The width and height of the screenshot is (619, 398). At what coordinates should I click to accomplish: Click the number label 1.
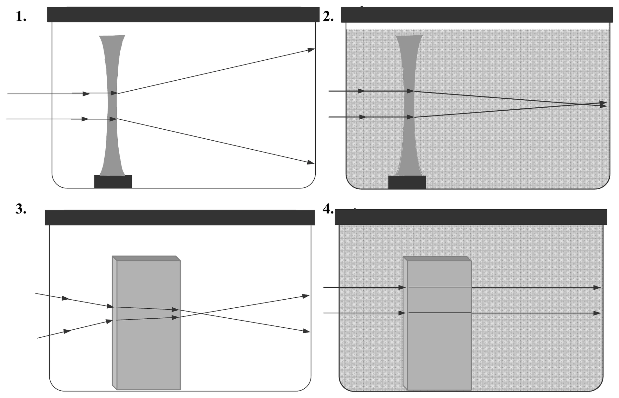pyautogui.click(x=21, y=16)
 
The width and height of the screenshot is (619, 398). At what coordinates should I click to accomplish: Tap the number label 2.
pyautogui.click(x=328, y=16)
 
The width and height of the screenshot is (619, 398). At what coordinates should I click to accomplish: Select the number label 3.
pyautogui.click(x=21, y=209)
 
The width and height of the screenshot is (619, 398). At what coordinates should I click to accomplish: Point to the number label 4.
pyautogui.click(x=328, y=209)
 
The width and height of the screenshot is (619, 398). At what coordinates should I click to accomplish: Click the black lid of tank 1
pyautogui.click(x=183, y=15)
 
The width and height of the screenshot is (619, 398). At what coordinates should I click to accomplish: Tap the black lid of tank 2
pyautogui.click(x=477, y=15)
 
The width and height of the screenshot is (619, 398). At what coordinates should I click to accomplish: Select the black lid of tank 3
pyautogui.click(x=180, y=217)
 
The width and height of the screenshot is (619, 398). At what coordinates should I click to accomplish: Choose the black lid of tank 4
pyautogui.click(x=471, y=217)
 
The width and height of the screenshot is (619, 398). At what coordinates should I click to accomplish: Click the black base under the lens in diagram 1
pyautogui.click(x=113, y=182)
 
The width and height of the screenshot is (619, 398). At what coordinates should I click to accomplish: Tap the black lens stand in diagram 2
pyautogui.click(x=407, y=182)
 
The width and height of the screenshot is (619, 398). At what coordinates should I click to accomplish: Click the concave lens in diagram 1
pyautogui.click(x=112, y=105)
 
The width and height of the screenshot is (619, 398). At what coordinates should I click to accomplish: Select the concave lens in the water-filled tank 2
pyautogui.click(x=409, y=105)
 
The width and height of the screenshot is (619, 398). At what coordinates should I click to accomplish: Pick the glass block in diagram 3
pyautogui.click(x=146, y=323)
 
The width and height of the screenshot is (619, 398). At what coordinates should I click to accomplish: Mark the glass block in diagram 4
pyautogui.click(x=437, y=323)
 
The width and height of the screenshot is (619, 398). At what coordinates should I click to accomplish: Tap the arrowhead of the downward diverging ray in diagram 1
pyautogui.click(x=310, y=163)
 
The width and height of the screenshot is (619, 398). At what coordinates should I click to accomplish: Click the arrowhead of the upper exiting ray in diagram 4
pyautogui.click(x=597, y=287)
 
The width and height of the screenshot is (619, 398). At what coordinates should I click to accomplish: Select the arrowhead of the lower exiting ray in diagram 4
pyautogui.click(x=597, y=313)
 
